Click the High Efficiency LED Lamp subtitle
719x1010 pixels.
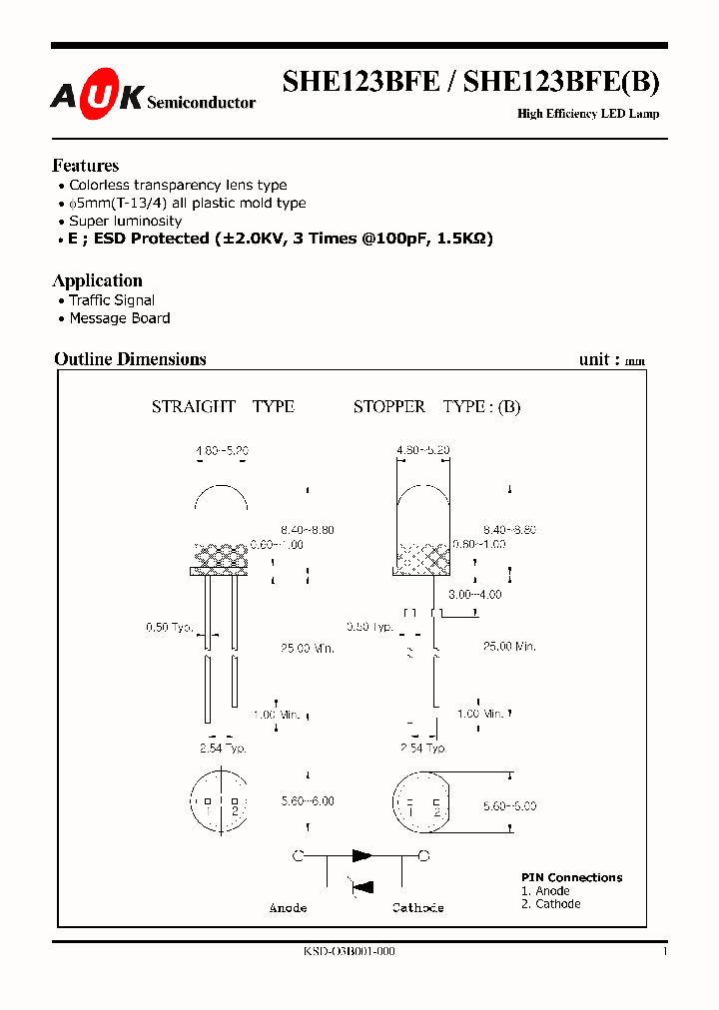[x=587, y=114]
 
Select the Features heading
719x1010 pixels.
[x=85, y=166]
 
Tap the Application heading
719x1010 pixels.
[x=97, y=280]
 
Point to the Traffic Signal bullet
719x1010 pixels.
[x=111, y=300]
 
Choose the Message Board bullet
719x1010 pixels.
[x=119, y=318]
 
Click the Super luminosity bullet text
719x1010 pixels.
[x=125, y=221]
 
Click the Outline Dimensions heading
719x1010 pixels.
[x=130, y=359]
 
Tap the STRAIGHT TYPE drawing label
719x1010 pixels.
[x=223, y=406]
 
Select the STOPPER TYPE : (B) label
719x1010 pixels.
[x=436, y=406]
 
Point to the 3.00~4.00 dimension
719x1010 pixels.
[x=474, y=594]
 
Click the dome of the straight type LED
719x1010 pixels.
[x=221, y=499]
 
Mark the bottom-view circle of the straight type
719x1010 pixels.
[x=219, y=799]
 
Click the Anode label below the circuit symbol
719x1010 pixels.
[x=288, y=908]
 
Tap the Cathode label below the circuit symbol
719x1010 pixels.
[x=417, y=908]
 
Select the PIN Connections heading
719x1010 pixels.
[x=571, y=877]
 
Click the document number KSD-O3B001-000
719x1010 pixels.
[x=349, y=952]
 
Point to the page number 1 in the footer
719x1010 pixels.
[x=664, y=952]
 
